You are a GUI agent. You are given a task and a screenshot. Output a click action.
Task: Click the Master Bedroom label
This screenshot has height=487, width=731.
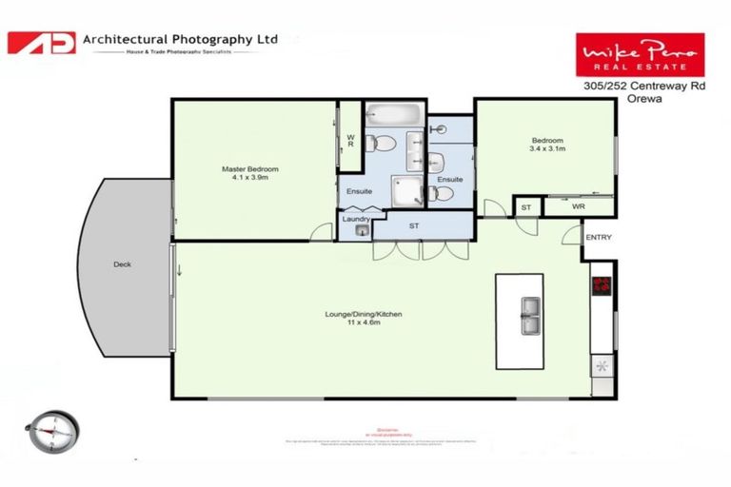[249, 169]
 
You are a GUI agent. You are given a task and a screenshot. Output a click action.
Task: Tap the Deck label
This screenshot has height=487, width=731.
[122, 264]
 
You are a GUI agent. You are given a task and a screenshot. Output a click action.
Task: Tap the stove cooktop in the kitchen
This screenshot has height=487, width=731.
[602, 286]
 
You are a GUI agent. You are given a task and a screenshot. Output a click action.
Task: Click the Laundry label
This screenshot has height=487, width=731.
[355, 220]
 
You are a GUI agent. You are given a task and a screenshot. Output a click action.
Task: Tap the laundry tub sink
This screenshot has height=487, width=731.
[362, 230]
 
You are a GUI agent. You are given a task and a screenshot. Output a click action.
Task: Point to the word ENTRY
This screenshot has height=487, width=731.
[599, 237]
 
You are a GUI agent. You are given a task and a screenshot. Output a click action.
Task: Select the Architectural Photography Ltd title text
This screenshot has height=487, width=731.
[181, 39]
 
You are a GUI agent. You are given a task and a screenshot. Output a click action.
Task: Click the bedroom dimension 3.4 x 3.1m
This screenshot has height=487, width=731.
[547, 148]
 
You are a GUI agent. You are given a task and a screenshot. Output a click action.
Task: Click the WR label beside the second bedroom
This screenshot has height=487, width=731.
[579, 205]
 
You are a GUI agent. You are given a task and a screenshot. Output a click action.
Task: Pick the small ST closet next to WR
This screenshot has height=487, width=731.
[525, 206]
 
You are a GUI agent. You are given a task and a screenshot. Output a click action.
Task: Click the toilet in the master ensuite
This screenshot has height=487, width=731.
[384, 144]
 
